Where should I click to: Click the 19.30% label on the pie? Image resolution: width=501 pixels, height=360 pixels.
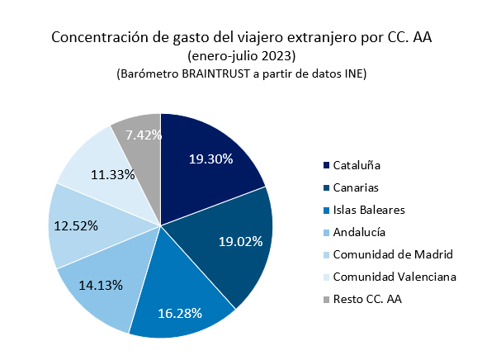click(x=210, y=160)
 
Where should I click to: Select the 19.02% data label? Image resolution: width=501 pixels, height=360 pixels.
click(x=240, y=241)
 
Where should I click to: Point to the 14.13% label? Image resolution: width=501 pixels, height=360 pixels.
click(x=102, y=285)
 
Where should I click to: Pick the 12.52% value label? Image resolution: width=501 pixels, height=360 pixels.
click(x=75, y=225)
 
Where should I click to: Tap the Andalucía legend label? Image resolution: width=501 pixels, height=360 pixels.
click(x=359, y=232)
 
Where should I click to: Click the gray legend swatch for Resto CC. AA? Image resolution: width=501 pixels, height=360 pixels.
click(x=325, y=297)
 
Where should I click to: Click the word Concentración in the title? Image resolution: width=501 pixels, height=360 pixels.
click(x=98, y=38)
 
